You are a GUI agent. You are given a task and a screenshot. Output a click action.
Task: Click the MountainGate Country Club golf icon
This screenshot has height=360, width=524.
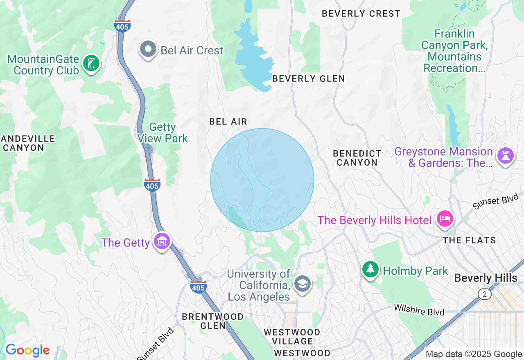91,63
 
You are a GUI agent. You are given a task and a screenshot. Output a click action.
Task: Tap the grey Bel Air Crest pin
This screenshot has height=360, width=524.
148,49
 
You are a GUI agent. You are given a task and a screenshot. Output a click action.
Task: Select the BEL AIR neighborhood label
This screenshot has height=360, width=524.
228,122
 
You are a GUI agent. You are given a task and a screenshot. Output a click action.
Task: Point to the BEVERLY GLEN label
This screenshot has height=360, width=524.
308,79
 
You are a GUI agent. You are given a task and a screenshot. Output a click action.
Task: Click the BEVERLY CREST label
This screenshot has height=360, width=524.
361,13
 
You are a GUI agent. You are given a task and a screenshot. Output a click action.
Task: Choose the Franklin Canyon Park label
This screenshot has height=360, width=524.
454,51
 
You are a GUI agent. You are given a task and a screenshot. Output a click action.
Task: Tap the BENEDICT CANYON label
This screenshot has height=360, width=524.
357,158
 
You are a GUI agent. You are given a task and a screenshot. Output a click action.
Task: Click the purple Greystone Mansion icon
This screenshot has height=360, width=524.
505,156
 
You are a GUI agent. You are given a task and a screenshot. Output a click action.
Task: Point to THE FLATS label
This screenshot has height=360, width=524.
469,241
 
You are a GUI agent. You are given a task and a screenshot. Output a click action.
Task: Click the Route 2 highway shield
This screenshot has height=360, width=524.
484,294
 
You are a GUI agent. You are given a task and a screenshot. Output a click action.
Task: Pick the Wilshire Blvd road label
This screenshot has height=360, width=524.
419,310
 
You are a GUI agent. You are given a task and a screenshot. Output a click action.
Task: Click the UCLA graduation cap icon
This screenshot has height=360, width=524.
303,283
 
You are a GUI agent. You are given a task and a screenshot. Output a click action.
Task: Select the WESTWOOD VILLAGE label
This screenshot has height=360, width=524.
292,336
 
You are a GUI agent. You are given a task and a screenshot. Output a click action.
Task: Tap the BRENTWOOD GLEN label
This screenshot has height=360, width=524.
212,321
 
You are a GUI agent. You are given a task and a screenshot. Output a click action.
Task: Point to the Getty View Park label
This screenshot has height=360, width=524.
163,133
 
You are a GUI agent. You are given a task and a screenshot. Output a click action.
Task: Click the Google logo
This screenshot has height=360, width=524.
27,351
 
